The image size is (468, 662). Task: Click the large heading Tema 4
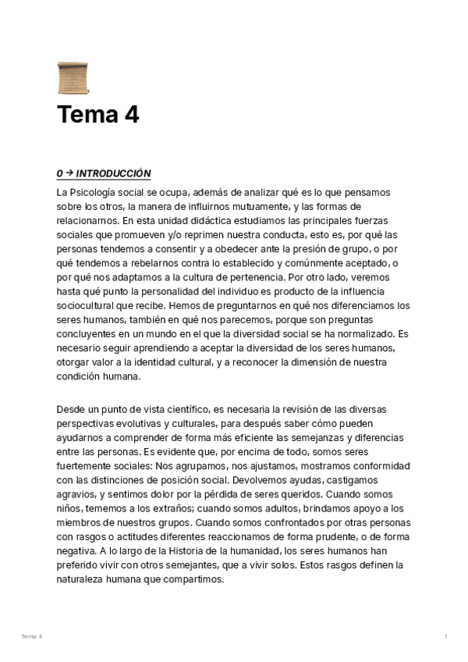point(97,115)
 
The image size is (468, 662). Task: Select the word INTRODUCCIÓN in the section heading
point(113,173)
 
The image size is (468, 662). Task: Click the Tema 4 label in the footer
point(32,637)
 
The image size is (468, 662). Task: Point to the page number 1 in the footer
point(445,637)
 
